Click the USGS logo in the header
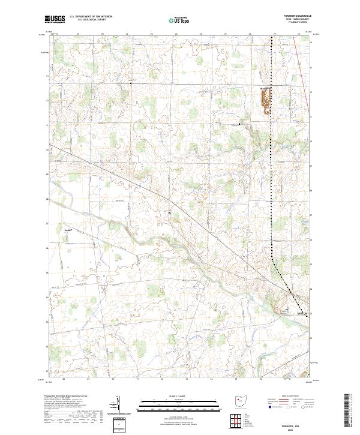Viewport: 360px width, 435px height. (55, 19)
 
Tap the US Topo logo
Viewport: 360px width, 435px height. (180, 20)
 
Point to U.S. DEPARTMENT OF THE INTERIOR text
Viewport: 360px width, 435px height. (91, 17)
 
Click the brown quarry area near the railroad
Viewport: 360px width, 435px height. (264, 101)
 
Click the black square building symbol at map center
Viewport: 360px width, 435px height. (169, 213)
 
